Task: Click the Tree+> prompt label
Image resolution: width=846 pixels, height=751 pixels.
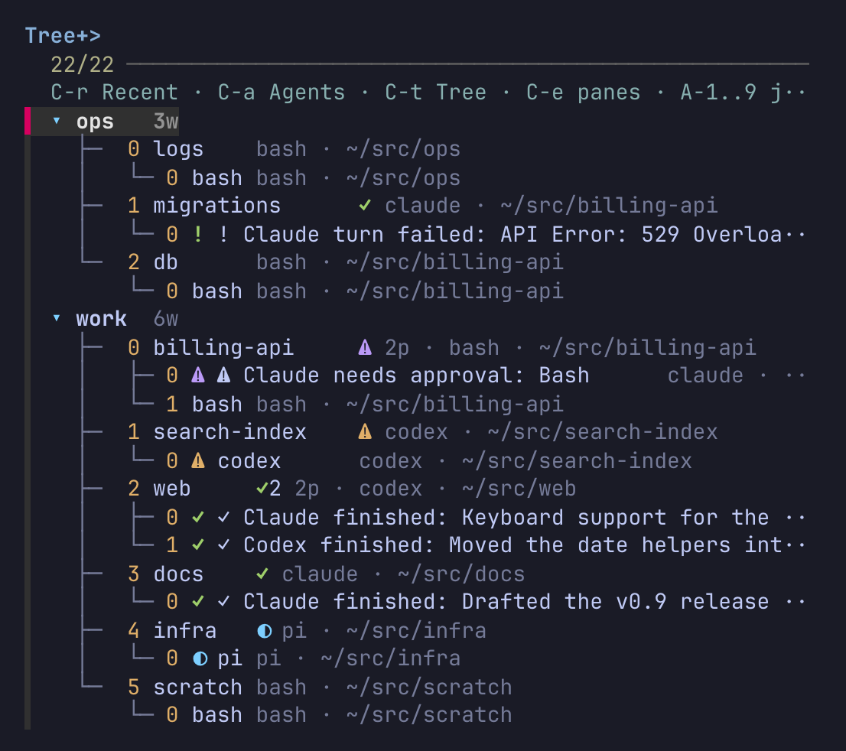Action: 63,36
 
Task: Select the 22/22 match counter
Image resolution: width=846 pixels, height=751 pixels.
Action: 82,65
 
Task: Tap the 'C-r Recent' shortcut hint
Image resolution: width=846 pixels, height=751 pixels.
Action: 115,93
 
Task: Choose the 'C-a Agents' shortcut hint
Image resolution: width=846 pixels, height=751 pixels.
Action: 281,93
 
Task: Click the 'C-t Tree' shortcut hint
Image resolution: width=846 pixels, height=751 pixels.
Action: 435,93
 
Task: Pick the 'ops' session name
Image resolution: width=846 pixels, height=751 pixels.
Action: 95,122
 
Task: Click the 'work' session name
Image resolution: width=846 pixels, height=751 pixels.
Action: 102,319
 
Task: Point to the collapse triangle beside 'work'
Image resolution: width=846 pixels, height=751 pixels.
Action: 57,318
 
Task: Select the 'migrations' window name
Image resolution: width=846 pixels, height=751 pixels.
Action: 217,206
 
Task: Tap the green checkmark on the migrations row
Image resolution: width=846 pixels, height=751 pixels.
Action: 366,205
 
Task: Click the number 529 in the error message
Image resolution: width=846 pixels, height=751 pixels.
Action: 660,235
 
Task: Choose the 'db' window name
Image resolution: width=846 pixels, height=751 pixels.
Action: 166,262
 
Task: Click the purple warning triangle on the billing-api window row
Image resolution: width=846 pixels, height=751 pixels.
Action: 366,347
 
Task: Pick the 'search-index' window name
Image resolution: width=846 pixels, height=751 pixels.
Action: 229,432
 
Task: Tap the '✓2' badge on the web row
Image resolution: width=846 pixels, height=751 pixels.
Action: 268,488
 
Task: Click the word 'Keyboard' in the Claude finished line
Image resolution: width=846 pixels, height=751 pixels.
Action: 512,518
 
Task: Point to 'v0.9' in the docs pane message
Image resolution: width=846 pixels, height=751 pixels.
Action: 641,602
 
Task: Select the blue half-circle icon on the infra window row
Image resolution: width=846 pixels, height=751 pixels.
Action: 265,631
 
